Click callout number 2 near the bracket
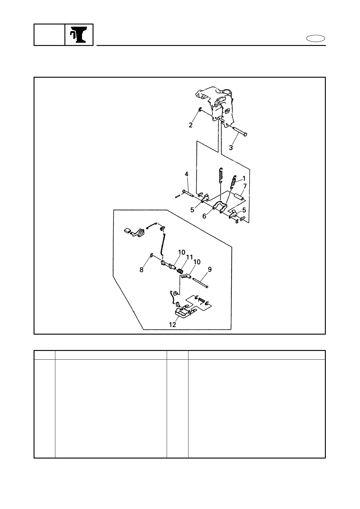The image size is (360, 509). coord(191,125)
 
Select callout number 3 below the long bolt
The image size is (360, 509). coord(231,148)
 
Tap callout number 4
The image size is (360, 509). coord(187,174)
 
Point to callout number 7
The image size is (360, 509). coord(245,186)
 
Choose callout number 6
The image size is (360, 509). coord(204,216)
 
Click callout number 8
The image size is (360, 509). coord(142,270)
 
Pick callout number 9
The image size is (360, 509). coord(210,269)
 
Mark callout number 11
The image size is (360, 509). coord(189,257)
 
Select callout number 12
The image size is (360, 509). coord(172,325)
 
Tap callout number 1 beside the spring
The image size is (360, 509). coord(244,179)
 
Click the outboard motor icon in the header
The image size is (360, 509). coord(79,35)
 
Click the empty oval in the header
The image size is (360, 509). coord(316,39)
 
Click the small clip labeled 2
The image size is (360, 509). coord(200,109)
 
